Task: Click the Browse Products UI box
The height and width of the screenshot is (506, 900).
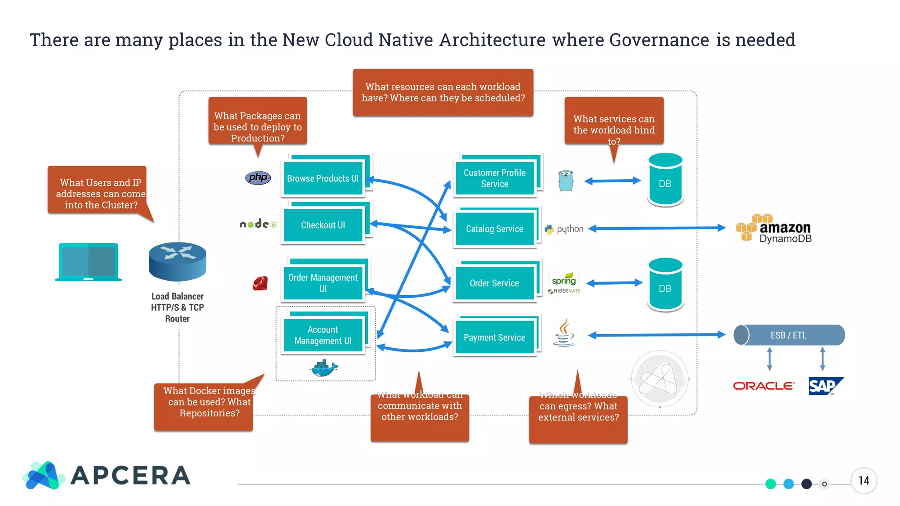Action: (323, 178)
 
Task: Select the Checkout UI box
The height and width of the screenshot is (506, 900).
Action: (323, 225)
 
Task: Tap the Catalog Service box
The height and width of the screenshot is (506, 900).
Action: (494, 229)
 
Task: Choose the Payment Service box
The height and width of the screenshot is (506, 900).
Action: (494, 337)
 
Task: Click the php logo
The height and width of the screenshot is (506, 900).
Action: (258, 177)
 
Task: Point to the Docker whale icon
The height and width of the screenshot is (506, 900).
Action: (324, 368)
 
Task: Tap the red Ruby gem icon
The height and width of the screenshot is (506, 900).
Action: (260, 283)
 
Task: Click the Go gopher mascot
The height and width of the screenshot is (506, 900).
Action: (566, 181)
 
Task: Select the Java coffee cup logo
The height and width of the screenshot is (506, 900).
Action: (564, 333)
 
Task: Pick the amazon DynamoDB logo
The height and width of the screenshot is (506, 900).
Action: (774, 229)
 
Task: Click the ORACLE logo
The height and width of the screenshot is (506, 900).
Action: (764, 386)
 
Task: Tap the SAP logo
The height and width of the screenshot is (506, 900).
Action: (825, 386)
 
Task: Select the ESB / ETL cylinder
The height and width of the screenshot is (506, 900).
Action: (789, 335)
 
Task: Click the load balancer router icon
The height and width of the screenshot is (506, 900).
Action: (178, 261)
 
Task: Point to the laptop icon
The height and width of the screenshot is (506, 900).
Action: (88, 262)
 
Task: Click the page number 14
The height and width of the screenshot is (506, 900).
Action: (864, 481)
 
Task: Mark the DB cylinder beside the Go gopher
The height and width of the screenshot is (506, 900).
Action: (665, 180)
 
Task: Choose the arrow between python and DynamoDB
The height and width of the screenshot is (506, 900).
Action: (657, 228)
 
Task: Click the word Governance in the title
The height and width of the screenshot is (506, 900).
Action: (659, 40)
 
